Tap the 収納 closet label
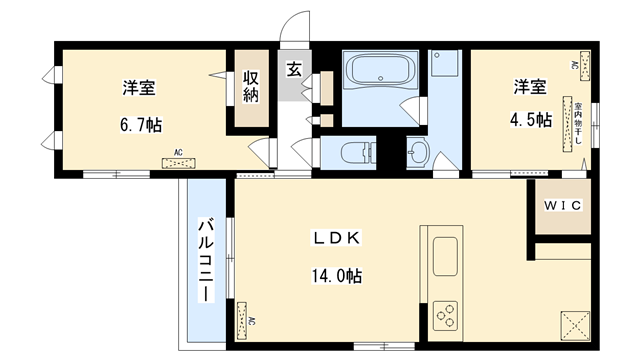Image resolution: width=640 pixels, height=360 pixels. click(251, 88)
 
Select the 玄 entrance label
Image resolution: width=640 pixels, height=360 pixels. click(296, 69)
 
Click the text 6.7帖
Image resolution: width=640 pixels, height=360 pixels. click(141, 124)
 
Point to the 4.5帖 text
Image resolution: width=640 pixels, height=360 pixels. click(529, 119)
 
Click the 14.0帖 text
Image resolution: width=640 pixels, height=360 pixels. click(337, 275)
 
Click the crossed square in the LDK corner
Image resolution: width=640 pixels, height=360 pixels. click(575, 323)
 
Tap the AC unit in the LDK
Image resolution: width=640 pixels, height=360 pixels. click(243, 321)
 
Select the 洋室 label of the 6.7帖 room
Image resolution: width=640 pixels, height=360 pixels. click(139, 88)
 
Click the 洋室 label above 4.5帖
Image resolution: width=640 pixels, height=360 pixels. click(529, 86)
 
